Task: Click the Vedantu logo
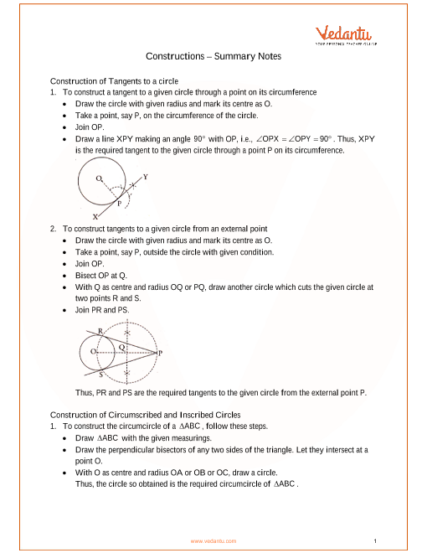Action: [346, 35]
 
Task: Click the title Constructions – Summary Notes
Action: [213, 56]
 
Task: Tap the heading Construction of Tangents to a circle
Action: [114, 81]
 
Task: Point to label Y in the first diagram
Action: [145, 177]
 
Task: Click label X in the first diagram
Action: [95, 217]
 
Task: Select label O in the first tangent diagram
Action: [99, 178]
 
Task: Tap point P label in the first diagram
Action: [120, 204]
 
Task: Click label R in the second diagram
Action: [100, 331]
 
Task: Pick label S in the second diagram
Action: [100, 375]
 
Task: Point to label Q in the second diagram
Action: [121, 348]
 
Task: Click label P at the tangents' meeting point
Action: [160, 353]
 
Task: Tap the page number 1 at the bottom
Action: [375, 541]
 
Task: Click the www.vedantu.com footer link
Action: [213, 541]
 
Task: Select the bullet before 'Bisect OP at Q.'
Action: [64, 276]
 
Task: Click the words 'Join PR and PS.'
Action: [102, 310]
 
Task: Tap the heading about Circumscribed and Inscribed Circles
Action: [145, 415]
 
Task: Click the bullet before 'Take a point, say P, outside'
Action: [64, 252]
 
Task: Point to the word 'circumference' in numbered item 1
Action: [293, 92]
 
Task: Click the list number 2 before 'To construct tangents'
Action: [53, 229]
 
